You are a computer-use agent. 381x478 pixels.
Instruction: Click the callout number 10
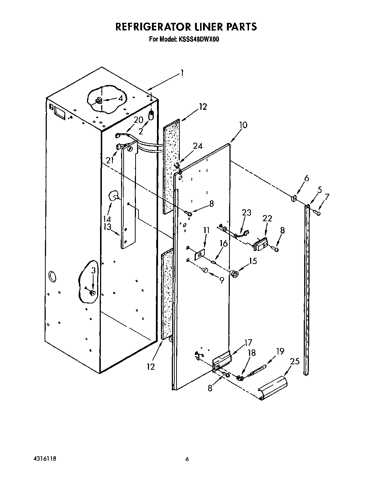[243, 125]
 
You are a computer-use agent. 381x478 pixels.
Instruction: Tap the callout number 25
[295, 361]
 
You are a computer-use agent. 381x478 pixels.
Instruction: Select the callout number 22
[267, 218]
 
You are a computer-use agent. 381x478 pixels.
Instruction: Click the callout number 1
[182, 74]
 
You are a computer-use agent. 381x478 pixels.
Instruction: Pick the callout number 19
[280, 351]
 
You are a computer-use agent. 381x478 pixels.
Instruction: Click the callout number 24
[197, 146]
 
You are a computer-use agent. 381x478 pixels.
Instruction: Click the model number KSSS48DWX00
[198, 39]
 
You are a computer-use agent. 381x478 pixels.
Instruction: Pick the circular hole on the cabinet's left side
[52, 277]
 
